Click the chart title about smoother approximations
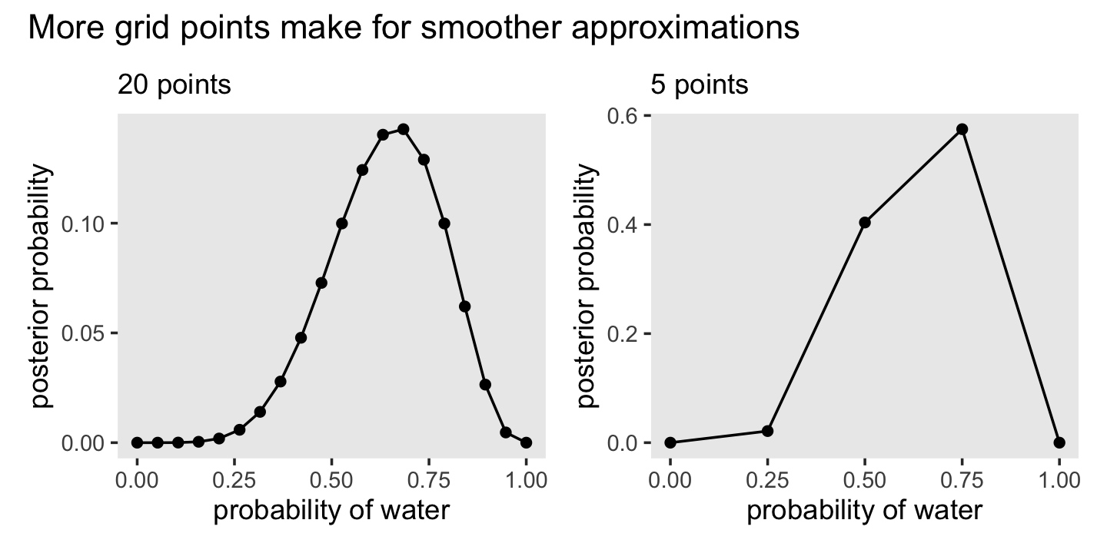[x=414, y=28]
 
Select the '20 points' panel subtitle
[x=174, y=84]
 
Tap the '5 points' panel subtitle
[x=700, y=84]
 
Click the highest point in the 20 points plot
[x=403, y=129]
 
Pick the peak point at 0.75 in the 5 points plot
[x=962, y=129]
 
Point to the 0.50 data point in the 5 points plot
[x=865, y=222]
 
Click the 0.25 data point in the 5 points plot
[x=767, y=431]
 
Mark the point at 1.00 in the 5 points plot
[x=1059, y=442]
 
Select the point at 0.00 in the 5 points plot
[x=670, y=442]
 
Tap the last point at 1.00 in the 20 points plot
[x=526, y=442]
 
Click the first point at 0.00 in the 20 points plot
[x=138, y=442]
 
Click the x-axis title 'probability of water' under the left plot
[x=331, y=511]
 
